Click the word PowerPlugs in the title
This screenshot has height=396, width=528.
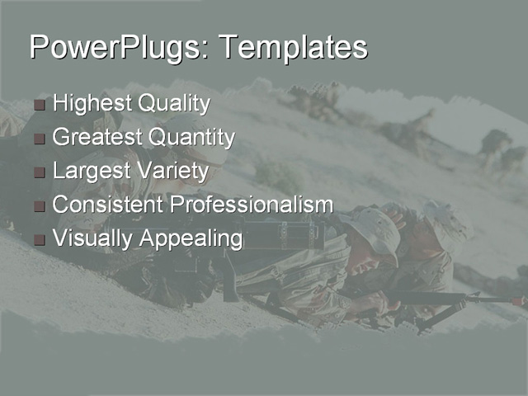pyautogui.click(x=112, y=47)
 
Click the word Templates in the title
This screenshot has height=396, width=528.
pyautogui.click(x=292, y=47)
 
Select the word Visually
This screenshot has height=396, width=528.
pyautogui.click(x=92, y=239)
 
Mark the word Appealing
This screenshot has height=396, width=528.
pyautogui.click(x=191, y=239)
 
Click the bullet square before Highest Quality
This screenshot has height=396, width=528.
pyautogui.click(x=40, y=106)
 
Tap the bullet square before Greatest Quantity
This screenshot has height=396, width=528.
pyautogui.click(x=40, y=139)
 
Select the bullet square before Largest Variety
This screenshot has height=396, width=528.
pyautogui.click(x=40, y=173)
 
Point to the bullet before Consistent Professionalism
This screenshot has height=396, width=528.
pyautogui.click(x=40, y=206)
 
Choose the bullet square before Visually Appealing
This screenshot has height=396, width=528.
pyautogui.click(x=40, y=240)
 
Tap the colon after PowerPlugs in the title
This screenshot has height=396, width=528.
pyautogui.click(x=203, y=51)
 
